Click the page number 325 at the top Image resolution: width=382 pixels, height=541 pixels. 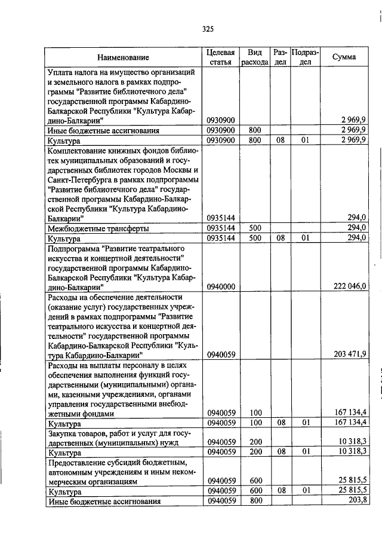[208, 29]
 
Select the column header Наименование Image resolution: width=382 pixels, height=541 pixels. [124, 57]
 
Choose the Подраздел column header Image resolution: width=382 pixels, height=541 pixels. [305, 57]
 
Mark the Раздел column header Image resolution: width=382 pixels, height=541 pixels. [280, 57]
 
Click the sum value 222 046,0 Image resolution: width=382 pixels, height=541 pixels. [345, 287]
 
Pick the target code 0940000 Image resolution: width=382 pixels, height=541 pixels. [221, 287]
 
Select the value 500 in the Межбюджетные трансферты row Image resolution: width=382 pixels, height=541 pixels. [255, 228]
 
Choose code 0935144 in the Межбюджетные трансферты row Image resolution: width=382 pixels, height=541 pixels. [221, 228]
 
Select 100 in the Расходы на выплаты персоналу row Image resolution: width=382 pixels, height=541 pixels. [255, 413]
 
